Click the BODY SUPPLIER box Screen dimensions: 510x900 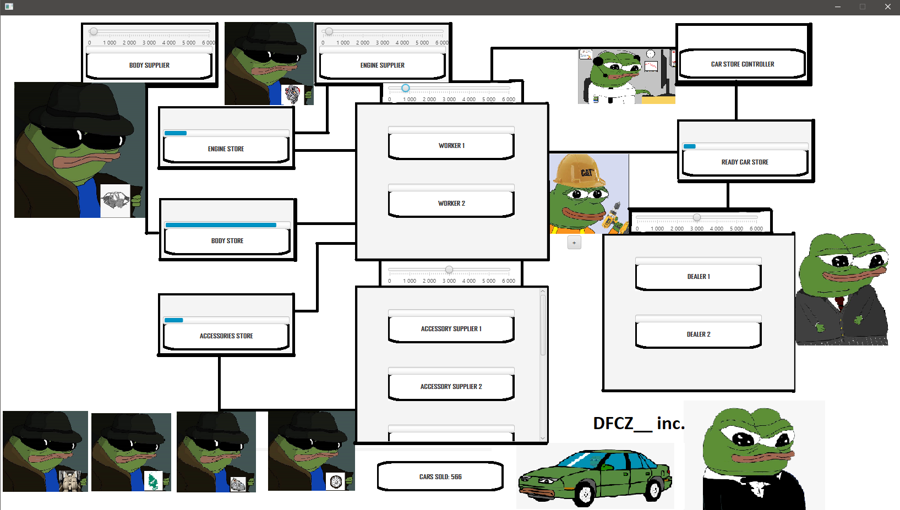click(149, 65)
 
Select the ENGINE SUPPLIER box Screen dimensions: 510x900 click(383, 65)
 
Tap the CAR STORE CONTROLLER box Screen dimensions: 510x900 click(743, 64)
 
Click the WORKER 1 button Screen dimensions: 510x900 click(451, 146)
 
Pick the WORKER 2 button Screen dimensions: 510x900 click(451, 204)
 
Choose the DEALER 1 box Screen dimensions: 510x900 click(699, 277)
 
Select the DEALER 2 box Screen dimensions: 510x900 click(699, 334)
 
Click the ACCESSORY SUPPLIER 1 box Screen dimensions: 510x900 click(451, 329)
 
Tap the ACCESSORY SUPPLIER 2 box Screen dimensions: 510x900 click(451, 387)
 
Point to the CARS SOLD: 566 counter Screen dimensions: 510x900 click(440, 476)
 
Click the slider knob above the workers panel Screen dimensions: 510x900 click(406, 88)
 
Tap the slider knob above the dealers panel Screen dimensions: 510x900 click(697, 217)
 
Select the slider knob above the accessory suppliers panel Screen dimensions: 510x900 click(449, 270)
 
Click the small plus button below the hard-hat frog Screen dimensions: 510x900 click(574, 243)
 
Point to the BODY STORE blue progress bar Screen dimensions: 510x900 click(221, 225)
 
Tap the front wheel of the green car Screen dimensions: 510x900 click(585, 494)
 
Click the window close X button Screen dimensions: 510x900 click(887, 7)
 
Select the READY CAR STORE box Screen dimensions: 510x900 click(745, 162)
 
